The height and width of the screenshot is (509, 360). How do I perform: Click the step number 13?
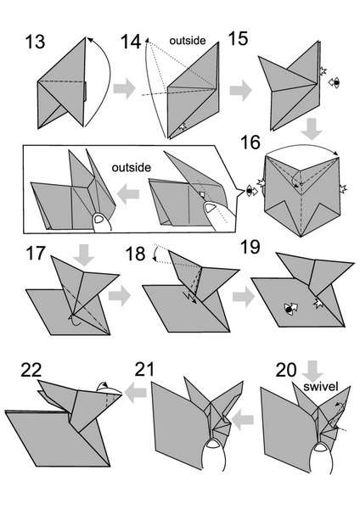(35, 42)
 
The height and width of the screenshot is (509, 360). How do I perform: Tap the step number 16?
(250, 143)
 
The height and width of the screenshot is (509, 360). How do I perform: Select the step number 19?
(250, 247)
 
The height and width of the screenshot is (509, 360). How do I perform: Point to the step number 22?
(31, 370)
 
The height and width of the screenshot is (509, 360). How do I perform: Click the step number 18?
(135, 254)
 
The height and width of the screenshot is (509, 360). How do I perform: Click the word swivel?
(321, 386)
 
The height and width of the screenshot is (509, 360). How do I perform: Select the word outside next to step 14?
(188, 40)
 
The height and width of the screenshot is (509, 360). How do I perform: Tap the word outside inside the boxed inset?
(132, 167)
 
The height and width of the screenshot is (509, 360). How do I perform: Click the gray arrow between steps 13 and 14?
(125, 88)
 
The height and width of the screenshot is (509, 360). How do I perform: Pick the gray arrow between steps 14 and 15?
(241, 90)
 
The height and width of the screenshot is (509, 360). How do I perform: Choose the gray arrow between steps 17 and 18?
(120, 296)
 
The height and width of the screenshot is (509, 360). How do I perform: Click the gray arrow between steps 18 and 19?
(244, 297)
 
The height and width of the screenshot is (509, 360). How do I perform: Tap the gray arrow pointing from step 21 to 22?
(136, 393)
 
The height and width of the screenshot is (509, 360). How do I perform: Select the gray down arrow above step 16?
(312, 129)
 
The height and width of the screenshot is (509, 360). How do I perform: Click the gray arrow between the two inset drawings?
(128, 194)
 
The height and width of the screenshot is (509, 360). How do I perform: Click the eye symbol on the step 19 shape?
(288, 310)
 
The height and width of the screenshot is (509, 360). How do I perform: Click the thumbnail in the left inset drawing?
(98, 219)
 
